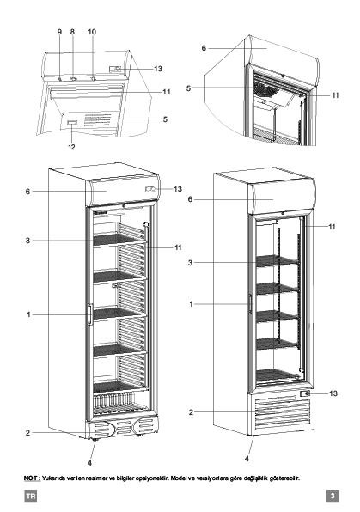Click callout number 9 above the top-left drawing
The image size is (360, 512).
(x=59, y=32)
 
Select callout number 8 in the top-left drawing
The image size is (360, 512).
(x=72, y=32)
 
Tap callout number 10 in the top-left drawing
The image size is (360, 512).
(x=92, y=32)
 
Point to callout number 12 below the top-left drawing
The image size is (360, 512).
(x=71, y=147)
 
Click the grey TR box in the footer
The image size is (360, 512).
(x=30, y=496)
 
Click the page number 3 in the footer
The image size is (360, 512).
(x=333, y=496)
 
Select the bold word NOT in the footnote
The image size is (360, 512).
(x=32, y=478)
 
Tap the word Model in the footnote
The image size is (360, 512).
(x=179, y=478)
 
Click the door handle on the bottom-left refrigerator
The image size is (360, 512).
(x=90, y=314)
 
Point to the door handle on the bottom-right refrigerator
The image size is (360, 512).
(x=251, y=303)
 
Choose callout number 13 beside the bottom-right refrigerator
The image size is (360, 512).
(x=333, y=393)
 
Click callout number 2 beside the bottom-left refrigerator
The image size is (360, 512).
(x=27, y=433)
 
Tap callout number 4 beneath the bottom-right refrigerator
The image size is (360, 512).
(x=247, y=459)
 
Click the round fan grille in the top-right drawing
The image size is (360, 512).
(x=265, y=88)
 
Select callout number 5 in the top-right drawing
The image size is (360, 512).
(x=188, y=88)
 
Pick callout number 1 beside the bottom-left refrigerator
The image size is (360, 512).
(x=28, y=314)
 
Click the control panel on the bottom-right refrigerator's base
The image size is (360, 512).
(x=304, y=393)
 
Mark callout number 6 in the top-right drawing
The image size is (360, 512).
(x=204, y=48)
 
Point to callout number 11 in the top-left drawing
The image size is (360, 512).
(x=167, y=92)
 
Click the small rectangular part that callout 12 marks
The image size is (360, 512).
(x=72, y=123)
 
